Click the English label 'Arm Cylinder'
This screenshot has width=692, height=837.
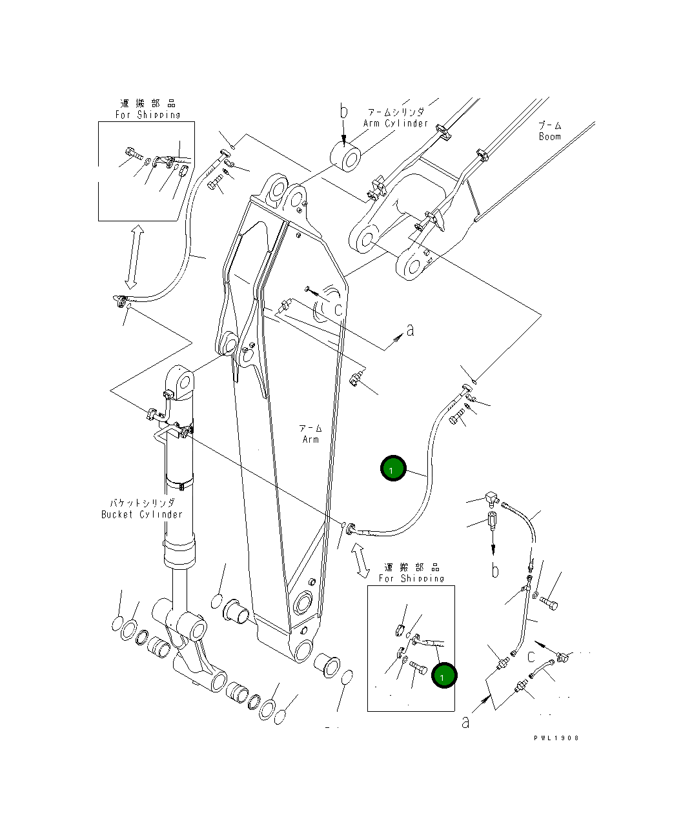tap(395, 123)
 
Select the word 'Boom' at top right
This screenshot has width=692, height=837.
tap(549, 137)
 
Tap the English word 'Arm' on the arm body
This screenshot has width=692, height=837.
tap(310, 439)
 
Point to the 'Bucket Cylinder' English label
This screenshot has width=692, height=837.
tap(142, 514)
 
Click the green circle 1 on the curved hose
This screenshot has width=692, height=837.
tap(393, 469)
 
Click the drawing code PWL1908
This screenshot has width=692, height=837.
tap(556, 738)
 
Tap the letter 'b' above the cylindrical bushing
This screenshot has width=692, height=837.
tap(344, 112)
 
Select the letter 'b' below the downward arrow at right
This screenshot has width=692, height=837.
tap(494, 570)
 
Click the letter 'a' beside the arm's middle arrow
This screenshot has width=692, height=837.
tap(410, 330)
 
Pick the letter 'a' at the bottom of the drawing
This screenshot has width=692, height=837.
tap(465, 722)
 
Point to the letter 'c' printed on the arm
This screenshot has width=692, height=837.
tap(338, 310)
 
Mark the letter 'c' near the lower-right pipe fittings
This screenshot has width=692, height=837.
tap(531, 657)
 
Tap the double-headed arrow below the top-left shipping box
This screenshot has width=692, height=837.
tap(132, 257)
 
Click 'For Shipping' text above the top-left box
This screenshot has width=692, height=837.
tap(148, 115)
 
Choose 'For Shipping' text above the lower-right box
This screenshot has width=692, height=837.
tap(411, 578)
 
